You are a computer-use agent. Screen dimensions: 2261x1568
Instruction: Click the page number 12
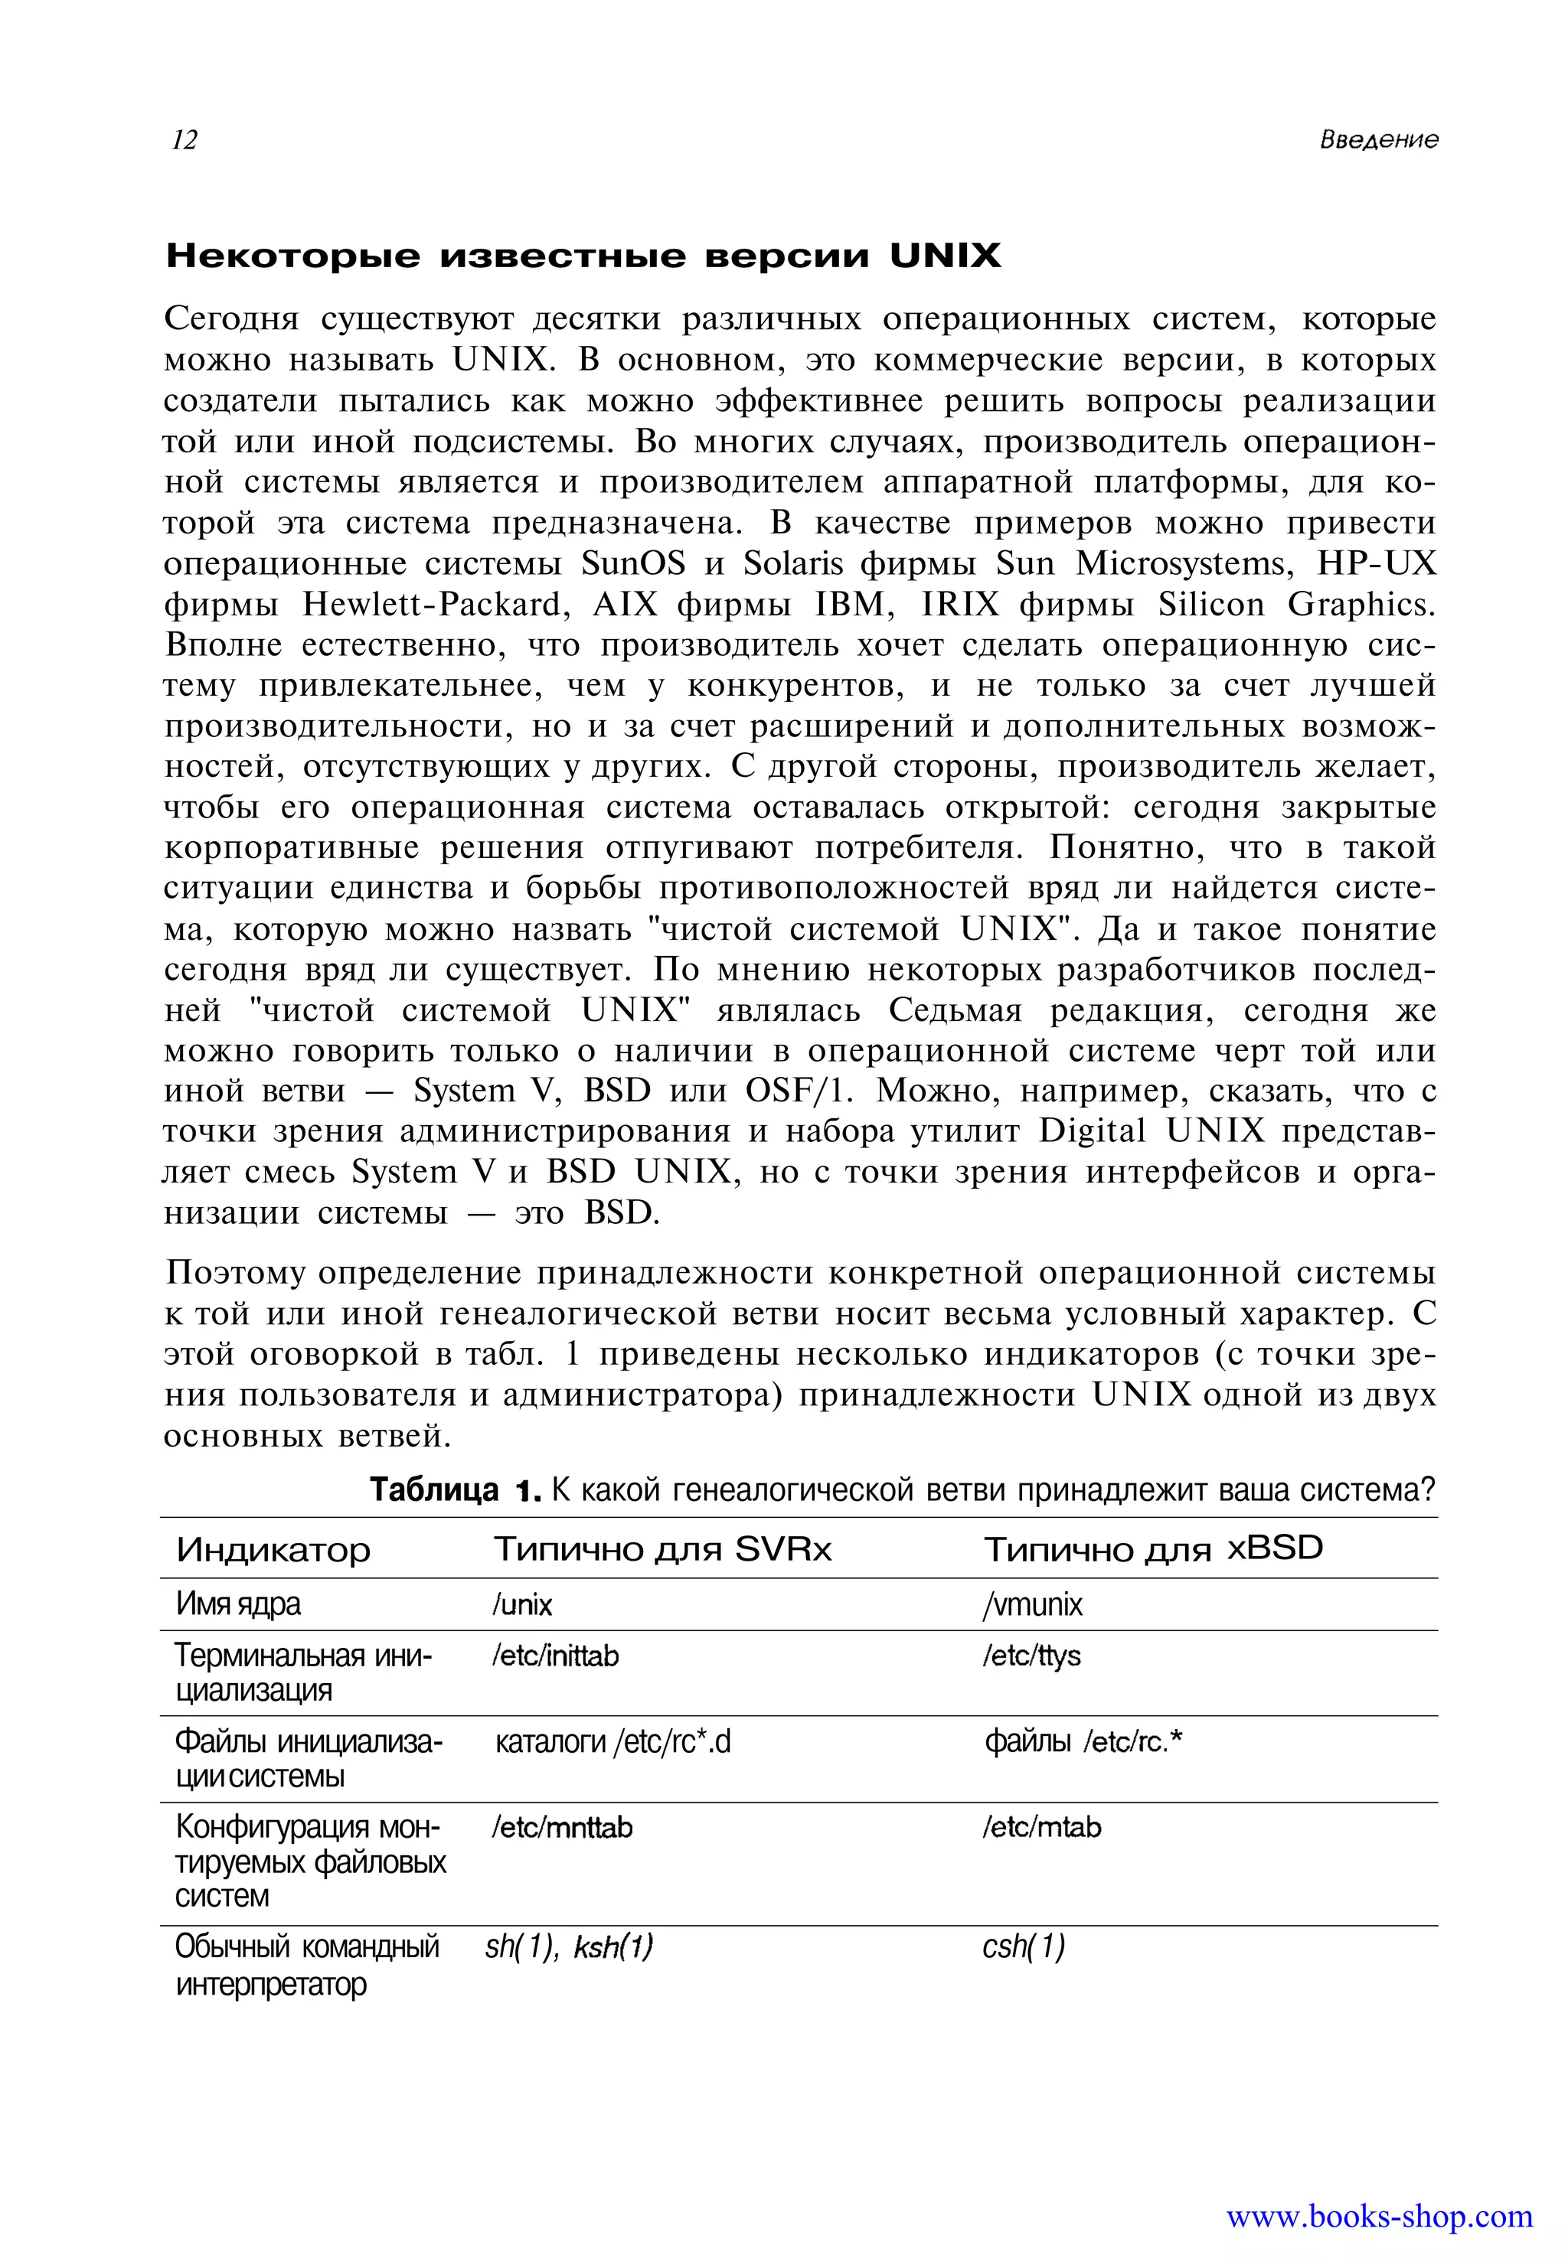point(185,141)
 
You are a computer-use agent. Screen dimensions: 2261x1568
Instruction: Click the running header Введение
point(1377,139)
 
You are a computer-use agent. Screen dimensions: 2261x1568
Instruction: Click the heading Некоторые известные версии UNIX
point(583,256)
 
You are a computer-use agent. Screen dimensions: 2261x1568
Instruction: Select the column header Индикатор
point(273,1550)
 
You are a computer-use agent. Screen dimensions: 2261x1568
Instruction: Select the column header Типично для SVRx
point(662,1549)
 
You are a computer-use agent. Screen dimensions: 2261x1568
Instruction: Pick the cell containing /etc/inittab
point(555,1656)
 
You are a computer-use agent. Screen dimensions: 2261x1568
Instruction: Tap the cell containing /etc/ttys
point(1031,1656)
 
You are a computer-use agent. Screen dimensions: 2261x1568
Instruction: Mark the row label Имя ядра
point(238,1604)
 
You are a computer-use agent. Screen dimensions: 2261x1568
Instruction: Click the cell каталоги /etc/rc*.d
point(613,1741)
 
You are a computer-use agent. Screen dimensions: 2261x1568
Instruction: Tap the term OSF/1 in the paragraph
point(800,1091)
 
